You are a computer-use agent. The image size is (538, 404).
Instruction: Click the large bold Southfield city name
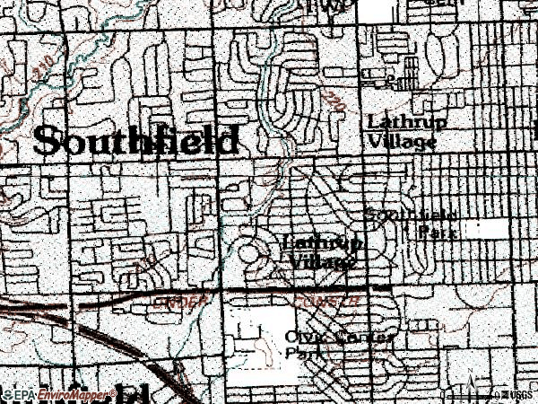pos(136,141)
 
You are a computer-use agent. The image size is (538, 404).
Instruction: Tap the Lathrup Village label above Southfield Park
pos(402,132)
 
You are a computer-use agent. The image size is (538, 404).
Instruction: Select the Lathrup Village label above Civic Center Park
pos(323,252)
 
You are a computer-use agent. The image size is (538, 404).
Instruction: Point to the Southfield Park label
pos(413,223)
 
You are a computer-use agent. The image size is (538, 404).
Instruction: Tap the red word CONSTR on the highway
pos(333,302)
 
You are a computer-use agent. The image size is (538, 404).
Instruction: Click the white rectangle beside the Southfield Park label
pos(485,228)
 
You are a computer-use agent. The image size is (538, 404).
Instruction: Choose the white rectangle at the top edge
pos(378,7)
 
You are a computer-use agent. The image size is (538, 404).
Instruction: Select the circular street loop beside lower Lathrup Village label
pos(250,251)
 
